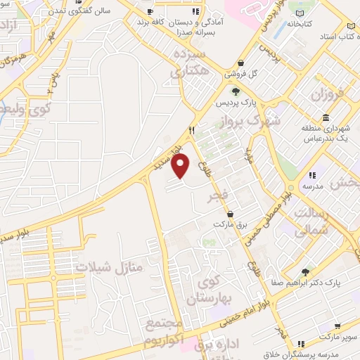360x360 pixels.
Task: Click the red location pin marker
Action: coord(181,166)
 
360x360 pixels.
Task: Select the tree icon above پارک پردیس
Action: coord(236,91)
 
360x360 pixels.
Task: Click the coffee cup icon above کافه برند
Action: coord(149,12)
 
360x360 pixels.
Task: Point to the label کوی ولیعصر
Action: coord(22,110)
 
